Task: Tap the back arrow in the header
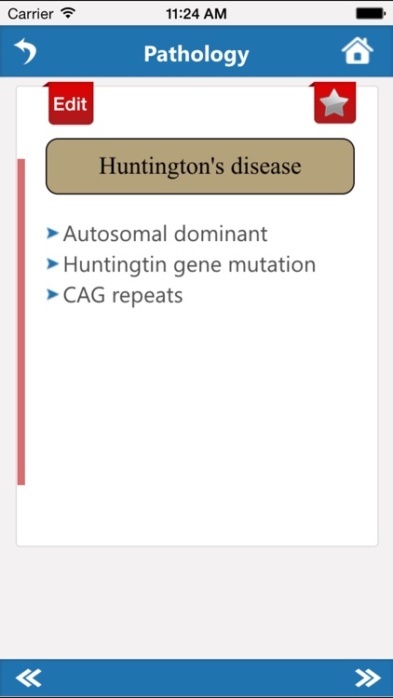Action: [x=25, y=51]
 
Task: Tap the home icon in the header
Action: [x=358, y=51]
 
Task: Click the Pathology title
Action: [x=196, y=54]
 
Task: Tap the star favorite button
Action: [x=334, y=103]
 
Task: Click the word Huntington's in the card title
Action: [x=156, y=167]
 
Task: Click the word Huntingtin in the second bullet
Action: [x=110, y=264]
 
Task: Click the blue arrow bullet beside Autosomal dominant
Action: [x=53, y=233]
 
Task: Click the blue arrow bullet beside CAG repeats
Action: [x=53, y=294]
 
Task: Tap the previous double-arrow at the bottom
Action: [x=28, y=678]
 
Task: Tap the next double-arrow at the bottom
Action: [x=367, y=678]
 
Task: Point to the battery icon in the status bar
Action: [x=370, y=14]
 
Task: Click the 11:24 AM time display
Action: [x=196, y=14]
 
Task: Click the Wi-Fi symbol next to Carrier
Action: [x=68, y=13]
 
